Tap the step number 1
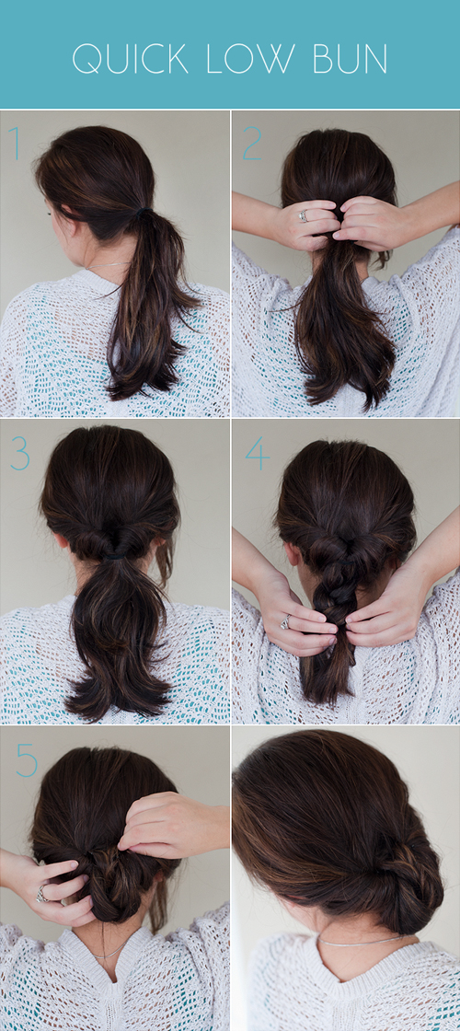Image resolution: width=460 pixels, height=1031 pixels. [x=15, y=144]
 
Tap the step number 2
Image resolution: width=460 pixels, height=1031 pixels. [x=252, y=144]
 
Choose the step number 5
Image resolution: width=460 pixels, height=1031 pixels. [x=27, y=760]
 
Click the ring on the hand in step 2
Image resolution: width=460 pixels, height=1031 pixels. [x=303, y=215]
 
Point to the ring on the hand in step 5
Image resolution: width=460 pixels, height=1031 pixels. [x=42, y=893]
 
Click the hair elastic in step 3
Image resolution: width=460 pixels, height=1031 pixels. [x=117, y=556]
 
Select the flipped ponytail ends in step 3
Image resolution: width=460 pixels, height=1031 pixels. [x=119, y=690]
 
